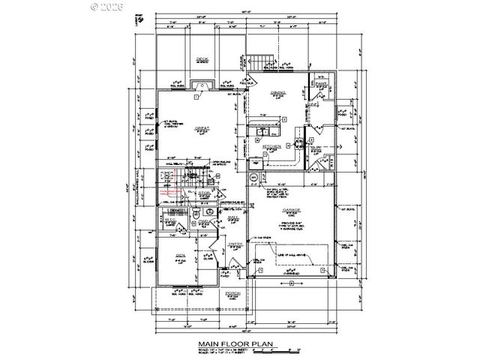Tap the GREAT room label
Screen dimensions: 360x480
coord(201,128)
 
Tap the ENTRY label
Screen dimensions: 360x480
coord(235,244)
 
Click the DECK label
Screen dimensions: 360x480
coord(202,59)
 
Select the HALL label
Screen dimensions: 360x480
coord(232,217)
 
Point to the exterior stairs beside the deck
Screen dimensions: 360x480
coord(260,60)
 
